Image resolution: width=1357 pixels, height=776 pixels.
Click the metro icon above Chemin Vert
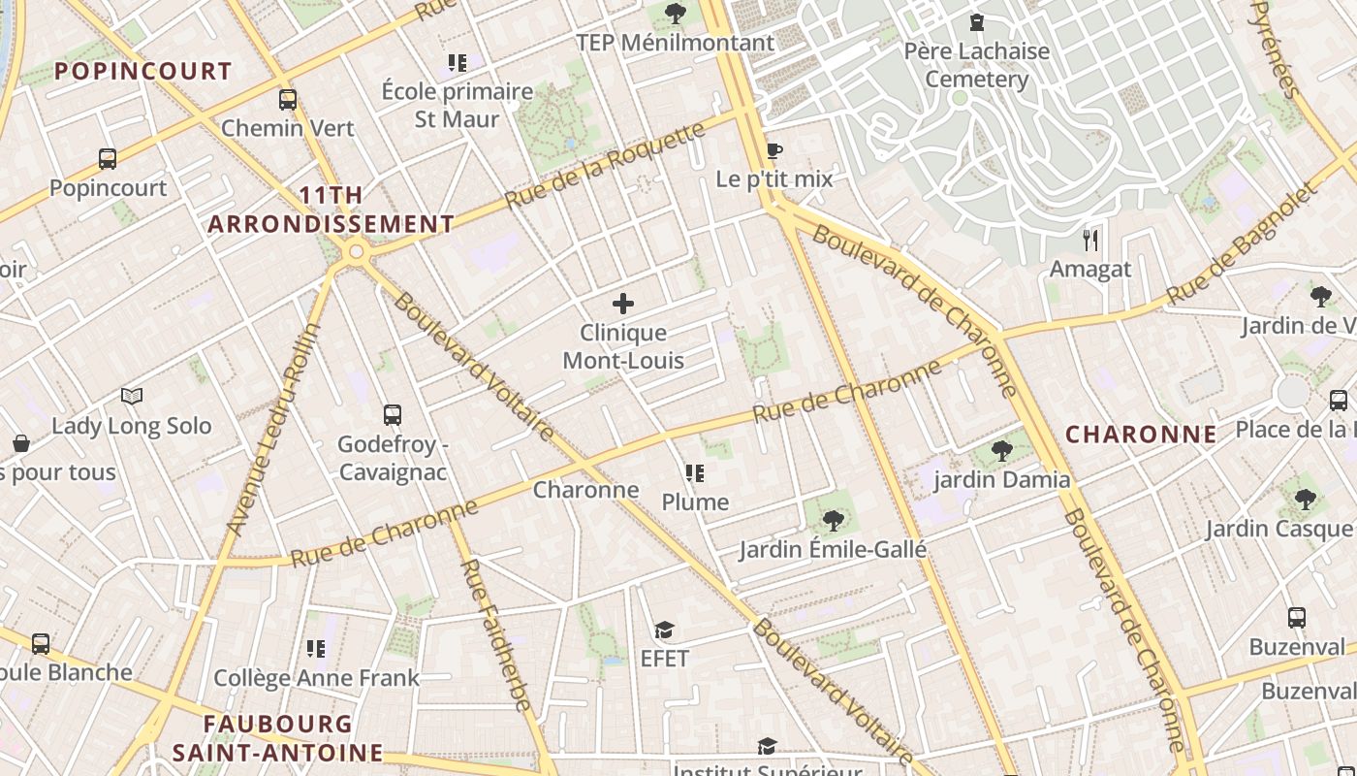tap(287, 99)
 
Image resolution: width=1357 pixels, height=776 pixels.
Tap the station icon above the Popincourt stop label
tap(108, 158)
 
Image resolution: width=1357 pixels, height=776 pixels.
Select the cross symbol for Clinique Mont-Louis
tap(623, 304)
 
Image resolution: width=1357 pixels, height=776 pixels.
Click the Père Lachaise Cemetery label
tap(976, 65)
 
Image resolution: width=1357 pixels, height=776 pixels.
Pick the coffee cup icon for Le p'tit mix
tap(773, 150)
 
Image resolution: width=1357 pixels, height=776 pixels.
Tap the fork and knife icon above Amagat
tap(1090, 240)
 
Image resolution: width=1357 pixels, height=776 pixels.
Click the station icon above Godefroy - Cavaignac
tap(392, 415)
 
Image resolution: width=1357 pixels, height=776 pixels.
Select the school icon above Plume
tap(694, 473)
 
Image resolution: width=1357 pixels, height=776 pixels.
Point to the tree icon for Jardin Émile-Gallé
tap(832, 521)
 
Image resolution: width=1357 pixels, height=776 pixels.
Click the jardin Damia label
tap(1001, 479)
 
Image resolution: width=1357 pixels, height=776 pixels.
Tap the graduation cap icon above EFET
tap(664, 630)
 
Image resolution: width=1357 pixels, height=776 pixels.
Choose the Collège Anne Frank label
tap(316, 678)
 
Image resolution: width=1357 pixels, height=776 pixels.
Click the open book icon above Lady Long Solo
tap(132, 396)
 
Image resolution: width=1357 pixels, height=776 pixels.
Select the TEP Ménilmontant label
tap(675, 43)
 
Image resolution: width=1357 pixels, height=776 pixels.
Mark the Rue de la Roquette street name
tap(605, 166)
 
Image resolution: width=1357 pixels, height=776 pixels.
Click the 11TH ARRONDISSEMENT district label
tap(331, 210)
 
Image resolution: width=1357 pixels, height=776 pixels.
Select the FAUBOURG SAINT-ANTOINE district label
tap(278, 738)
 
